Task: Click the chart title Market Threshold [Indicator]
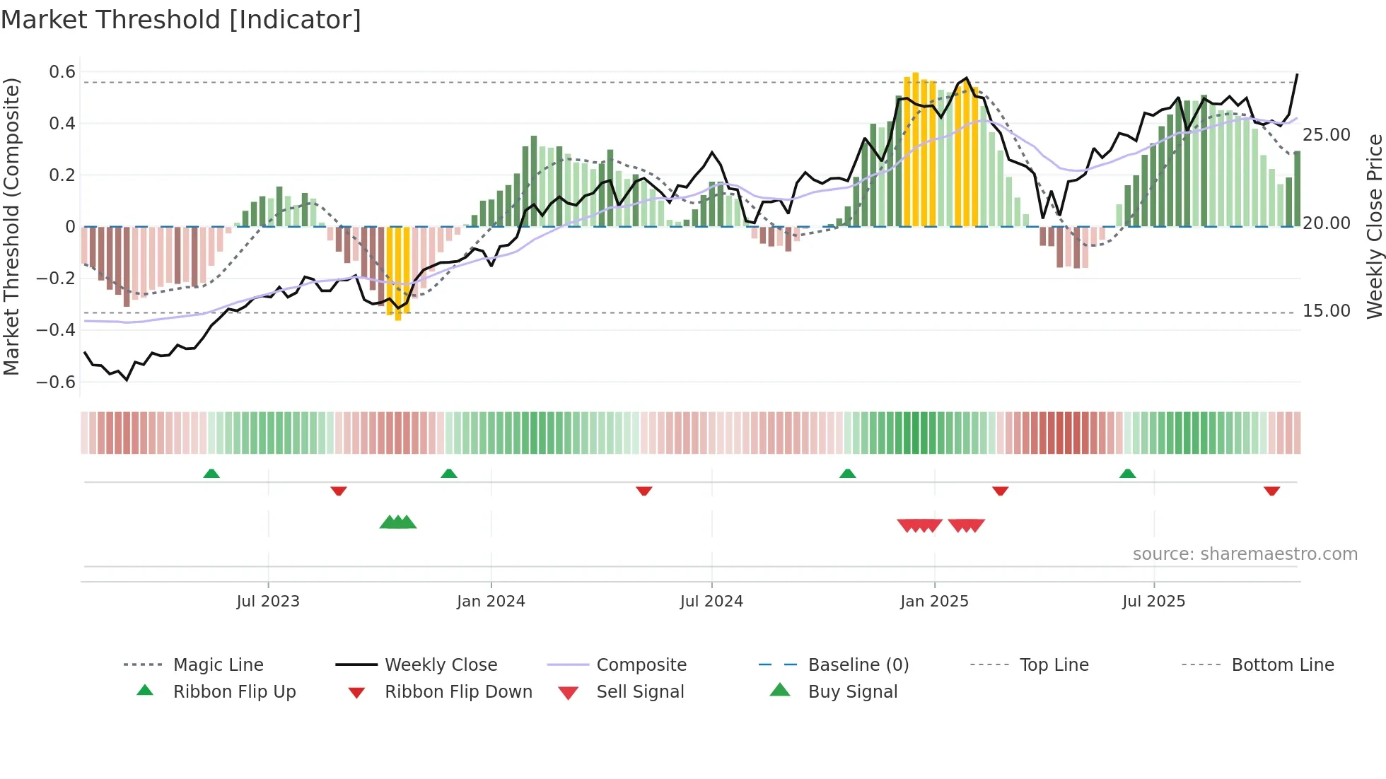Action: [181, 20]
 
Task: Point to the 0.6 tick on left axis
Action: [62, 72]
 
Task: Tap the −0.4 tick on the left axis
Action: [57, 330]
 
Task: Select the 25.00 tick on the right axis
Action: [1327, 135]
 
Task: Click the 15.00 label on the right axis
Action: [1327, 311]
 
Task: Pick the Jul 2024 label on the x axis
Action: [711, 602]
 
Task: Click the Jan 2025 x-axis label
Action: [934, 602]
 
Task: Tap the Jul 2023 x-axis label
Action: [268, 602]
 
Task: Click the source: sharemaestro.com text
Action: [1245, 554]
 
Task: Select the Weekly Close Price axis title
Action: [1374, 226]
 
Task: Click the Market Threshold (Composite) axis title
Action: [11, 226]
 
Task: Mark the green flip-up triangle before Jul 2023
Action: [211, 473]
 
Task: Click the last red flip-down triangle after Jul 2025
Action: [1271, 491]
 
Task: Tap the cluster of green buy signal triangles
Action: [398, 522]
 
